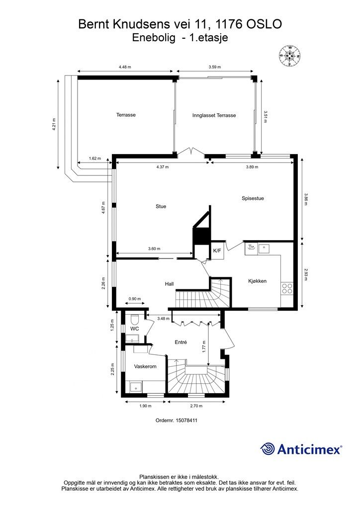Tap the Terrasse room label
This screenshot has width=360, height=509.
point(126,115)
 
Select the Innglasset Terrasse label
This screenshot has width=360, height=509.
point(214,115)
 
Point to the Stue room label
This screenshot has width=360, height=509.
point(161,206)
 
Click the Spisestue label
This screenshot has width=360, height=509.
point(253,198)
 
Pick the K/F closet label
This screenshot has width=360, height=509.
point(217,251)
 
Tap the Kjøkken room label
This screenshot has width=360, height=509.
point(258,281)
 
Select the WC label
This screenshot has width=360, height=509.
point(134,329)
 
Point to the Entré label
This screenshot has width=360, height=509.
point(180,342)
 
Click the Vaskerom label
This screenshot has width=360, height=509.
point(146,366)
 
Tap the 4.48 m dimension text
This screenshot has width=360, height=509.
point(125,67)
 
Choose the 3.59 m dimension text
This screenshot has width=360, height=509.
point(214,67)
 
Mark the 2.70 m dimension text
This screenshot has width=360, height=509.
point(197,406)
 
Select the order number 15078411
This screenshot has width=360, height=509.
point(188,420)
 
